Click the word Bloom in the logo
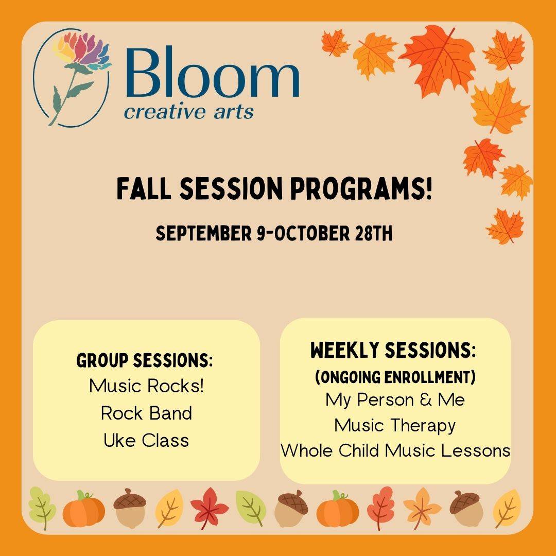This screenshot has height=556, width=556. (x=212, y=72)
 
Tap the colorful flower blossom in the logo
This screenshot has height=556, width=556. (x=82, y=49)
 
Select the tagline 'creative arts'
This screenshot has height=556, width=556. (x=188, y=112)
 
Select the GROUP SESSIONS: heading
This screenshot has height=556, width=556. (x=145, y=360)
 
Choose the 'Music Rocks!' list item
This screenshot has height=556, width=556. (x=146, y=386)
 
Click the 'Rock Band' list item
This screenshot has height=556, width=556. (x=146, y=413)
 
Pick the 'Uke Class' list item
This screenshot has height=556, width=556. (x=146, y=440)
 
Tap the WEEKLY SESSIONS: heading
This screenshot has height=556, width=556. (x=393, y=351)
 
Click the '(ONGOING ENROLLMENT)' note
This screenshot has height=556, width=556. (x=395, y=377)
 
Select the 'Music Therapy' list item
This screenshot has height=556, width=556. (x=395, y=426)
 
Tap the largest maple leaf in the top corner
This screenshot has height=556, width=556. (x=439, y=60)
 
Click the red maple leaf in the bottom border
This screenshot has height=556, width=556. (x=209, y=508)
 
